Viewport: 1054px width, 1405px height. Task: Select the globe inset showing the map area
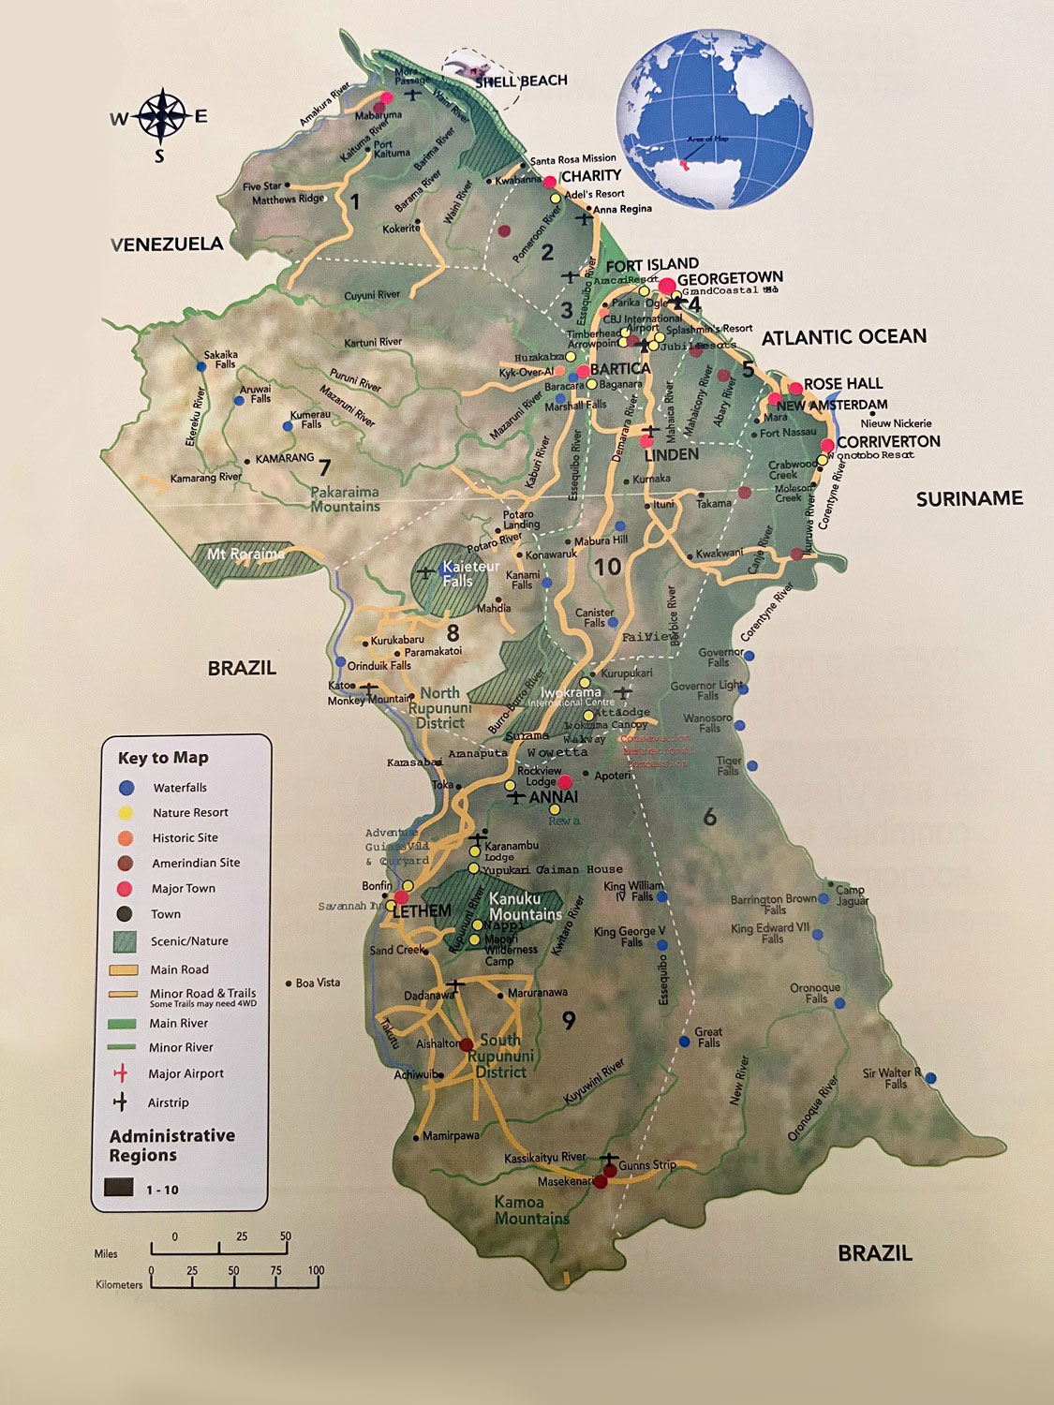click(714, 120)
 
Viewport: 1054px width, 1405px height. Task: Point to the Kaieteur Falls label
click(458, 573)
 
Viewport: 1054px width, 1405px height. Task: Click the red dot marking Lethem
click(402, 897)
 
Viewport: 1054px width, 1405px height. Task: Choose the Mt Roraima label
click(245, 554)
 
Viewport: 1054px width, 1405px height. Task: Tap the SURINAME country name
click(969, 498)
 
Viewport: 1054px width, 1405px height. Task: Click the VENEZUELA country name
click(168, 244)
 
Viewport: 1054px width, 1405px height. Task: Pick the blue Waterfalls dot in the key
click(127, 788)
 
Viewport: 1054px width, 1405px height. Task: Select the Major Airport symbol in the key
click(120, 1073)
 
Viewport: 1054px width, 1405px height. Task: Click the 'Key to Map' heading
click(163, 758)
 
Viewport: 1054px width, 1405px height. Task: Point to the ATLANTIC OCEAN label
click(843, 337)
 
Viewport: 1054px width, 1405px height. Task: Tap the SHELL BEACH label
click(521, 81)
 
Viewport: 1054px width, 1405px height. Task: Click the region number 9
click(569, 1020)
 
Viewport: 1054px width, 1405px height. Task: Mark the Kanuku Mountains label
click(525, 907)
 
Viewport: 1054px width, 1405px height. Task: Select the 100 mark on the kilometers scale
click(316, 1271)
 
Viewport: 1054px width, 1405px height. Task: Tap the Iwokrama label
click(571, 693)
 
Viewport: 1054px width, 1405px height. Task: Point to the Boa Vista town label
click(318, 983)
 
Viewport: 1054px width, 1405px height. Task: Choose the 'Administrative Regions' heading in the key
click(171, 1145)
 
